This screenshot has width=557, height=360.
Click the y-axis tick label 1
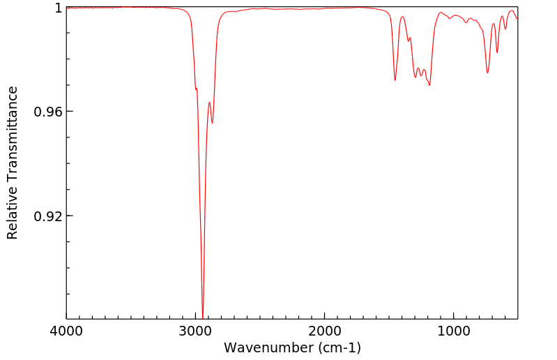pos(58,8)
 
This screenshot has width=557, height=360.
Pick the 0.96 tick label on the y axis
pos(48,112)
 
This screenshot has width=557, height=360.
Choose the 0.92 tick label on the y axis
pos(48,216)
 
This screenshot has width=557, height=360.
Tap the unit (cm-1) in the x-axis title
pos(337,347)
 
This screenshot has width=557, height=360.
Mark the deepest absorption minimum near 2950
pos(202,317)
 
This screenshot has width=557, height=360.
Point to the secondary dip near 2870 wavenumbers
pos(213,123)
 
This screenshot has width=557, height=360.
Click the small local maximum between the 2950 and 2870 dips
pos(209,103)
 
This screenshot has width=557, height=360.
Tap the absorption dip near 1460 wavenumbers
pos(395,80)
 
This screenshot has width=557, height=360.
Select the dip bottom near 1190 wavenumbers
pos(429,85)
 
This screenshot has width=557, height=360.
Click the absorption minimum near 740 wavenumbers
pos(487,73)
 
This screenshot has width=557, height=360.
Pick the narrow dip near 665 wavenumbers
pos(497,52)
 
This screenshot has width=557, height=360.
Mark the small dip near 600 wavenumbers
pos(505,29)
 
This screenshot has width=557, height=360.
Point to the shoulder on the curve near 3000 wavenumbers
pos(196,89)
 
